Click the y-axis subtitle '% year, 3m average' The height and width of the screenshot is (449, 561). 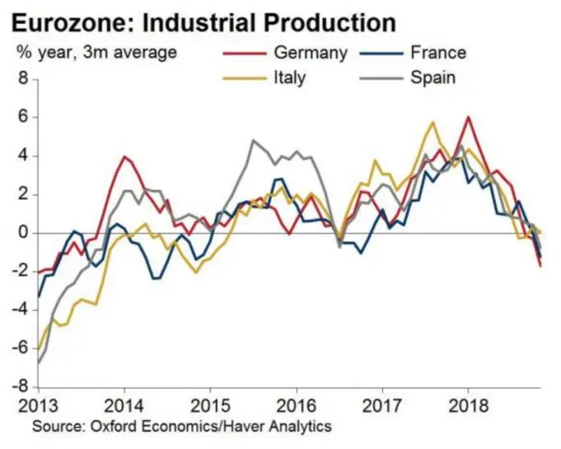coord(96,53)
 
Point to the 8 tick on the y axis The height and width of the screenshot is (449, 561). coord(25,79)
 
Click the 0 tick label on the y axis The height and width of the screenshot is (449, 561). coord(25,233)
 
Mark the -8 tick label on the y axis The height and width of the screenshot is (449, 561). coord(22,387)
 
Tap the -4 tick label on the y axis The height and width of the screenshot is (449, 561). coord(22,310)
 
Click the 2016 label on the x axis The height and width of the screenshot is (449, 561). coord(295,407)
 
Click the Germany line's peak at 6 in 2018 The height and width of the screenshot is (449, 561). coord(468,117)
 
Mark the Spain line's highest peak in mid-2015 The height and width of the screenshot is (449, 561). coord(253,140)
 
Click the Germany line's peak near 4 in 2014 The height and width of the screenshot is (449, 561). coord(124,158)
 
